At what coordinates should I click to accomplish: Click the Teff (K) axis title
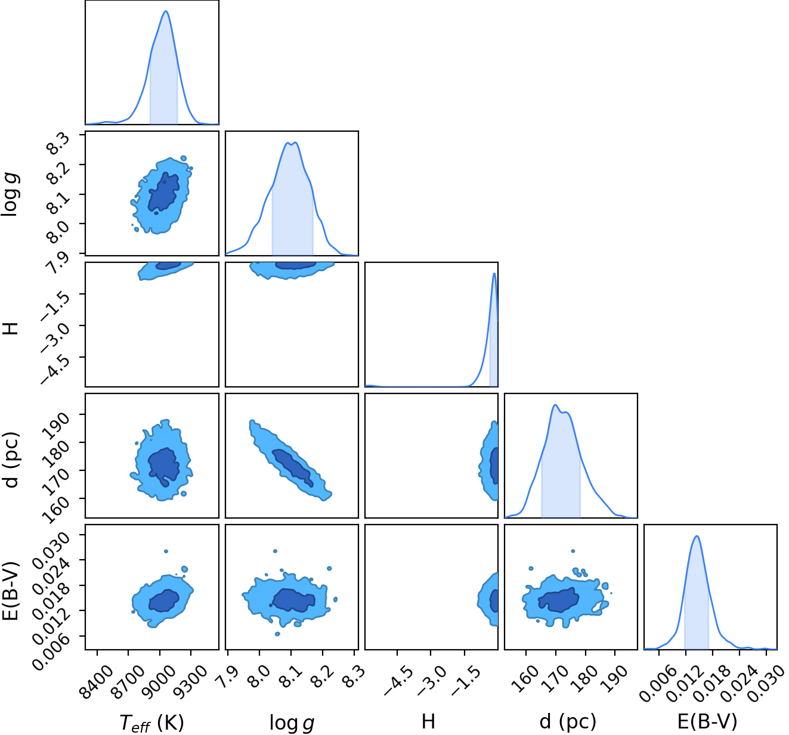click(x=151, y=722)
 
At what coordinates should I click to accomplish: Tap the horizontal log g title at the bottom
click(x=292, y=722)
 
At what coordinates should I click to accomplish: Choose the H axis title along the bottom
click(x=428, y=721)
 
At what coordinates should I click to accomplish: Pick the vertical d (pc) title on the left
click(x=11, y=460)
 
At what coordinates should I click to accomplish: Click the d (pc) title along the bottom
click(x=568, y=722)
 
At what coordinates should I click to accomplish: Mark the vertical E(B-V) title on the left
click(x=11, y=591)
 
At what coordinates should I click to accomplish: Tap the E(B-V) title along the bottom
click(x=707, y=722)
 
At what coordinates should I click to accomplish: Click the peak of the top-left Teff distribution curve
click(x=166, y=11)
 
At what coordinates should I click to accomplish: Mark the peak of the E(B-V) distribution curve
click(x=697, y=536)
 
